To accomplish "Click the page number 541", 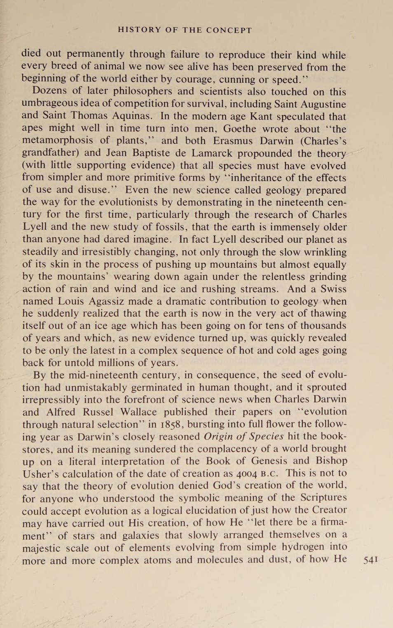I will (370, 560).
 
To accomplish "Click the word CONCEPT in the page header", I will (229, 30).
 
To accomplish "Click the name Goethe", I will (240, 129).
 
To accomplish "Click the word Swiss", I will (333, 289).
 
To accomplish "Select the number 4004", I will (247, 473).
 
